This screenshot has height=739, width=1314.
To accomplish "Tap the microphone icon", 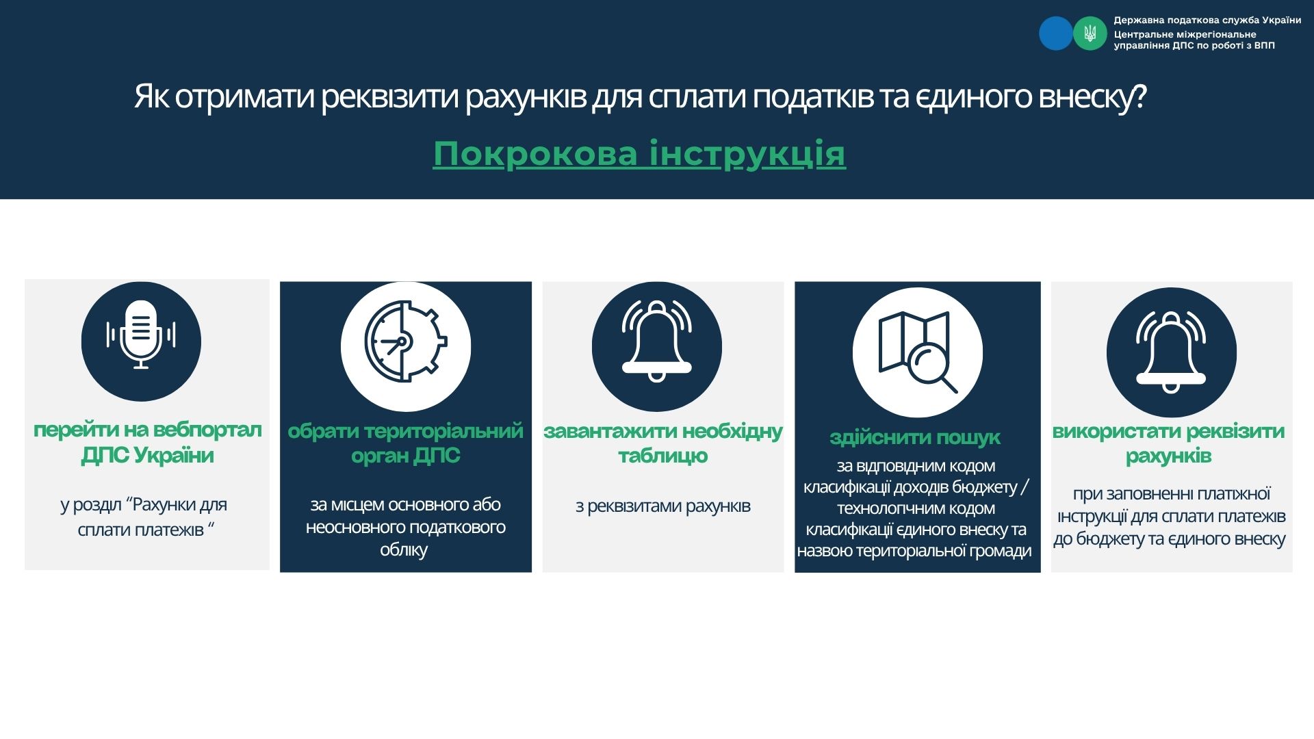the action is click(141, 335).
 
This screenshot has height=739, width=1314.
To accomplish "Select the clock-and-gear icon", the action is click(406, 341).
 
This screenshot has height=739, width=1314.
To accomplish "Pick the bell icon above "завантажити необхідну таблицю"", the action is click(657, 341).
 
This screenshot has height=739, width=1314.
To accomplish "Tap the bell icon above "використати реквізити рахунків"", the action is click(1171, 352).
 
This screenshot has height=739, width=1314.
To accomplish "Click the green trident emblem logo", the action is click(1090, 33).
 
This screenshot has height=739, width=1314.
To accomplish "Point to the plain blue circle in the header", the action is click(1056, 33).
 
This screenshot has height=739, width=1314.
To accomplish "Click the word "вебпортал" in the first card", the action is click(207, 430).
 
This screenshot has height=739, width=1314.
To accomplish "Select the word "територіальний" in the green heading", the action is click(444, 431).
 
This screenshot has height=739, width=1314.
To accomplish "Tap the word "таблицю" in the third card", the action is click(663, 456).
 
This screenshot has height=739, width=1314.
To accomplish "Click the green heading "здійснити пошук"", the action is click(915, 437).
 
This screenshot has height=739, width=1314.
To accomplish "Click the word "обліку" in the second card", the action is click(404, 550).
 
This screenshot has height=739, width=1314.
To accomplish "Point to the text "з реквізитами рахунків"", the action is click(663, 506).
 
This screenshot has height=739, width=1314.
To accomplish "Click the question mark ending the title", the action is click(1139, 96).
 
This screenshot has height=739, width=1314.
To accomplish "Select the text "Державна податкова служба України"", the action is click(1207, 21).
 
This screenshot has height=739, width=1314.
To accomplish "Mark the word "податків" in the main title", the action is click(813, 96).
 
